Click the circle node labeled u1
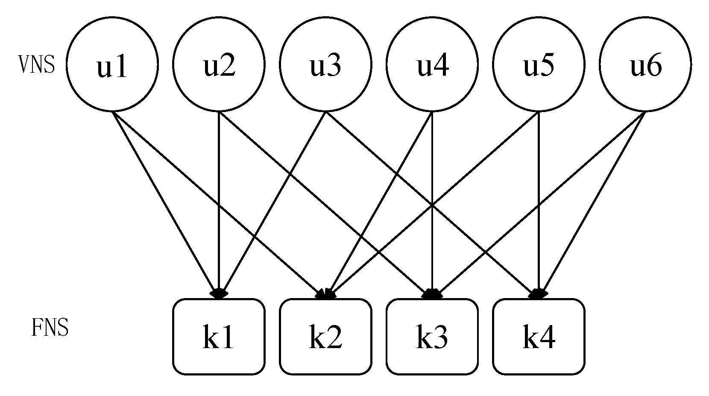(x=112, y=65)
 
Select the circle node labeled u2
(x=219, y=65)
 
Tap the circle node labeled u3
(x=325, y=65)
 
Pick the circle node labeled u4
(x=432, y=65)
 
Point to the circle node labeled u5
(x=539, y=65)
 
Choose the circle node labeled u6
(x=645, y=65)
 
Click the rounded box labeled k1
(x=219, y=337)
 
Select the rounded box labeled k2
(x=325, y=337)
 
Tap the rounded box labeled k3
(x=432, y=337)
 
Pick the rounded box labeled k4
(x=539, y=337)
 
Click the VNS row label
(x=37, y=65)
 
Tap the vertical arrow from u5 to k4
(x=539, y=192)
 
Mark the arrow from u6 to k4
(x=598, y=192)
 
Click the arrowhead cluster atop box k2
(x=326, y=294)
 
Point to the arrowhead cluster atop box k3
(x=432, y=294)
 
